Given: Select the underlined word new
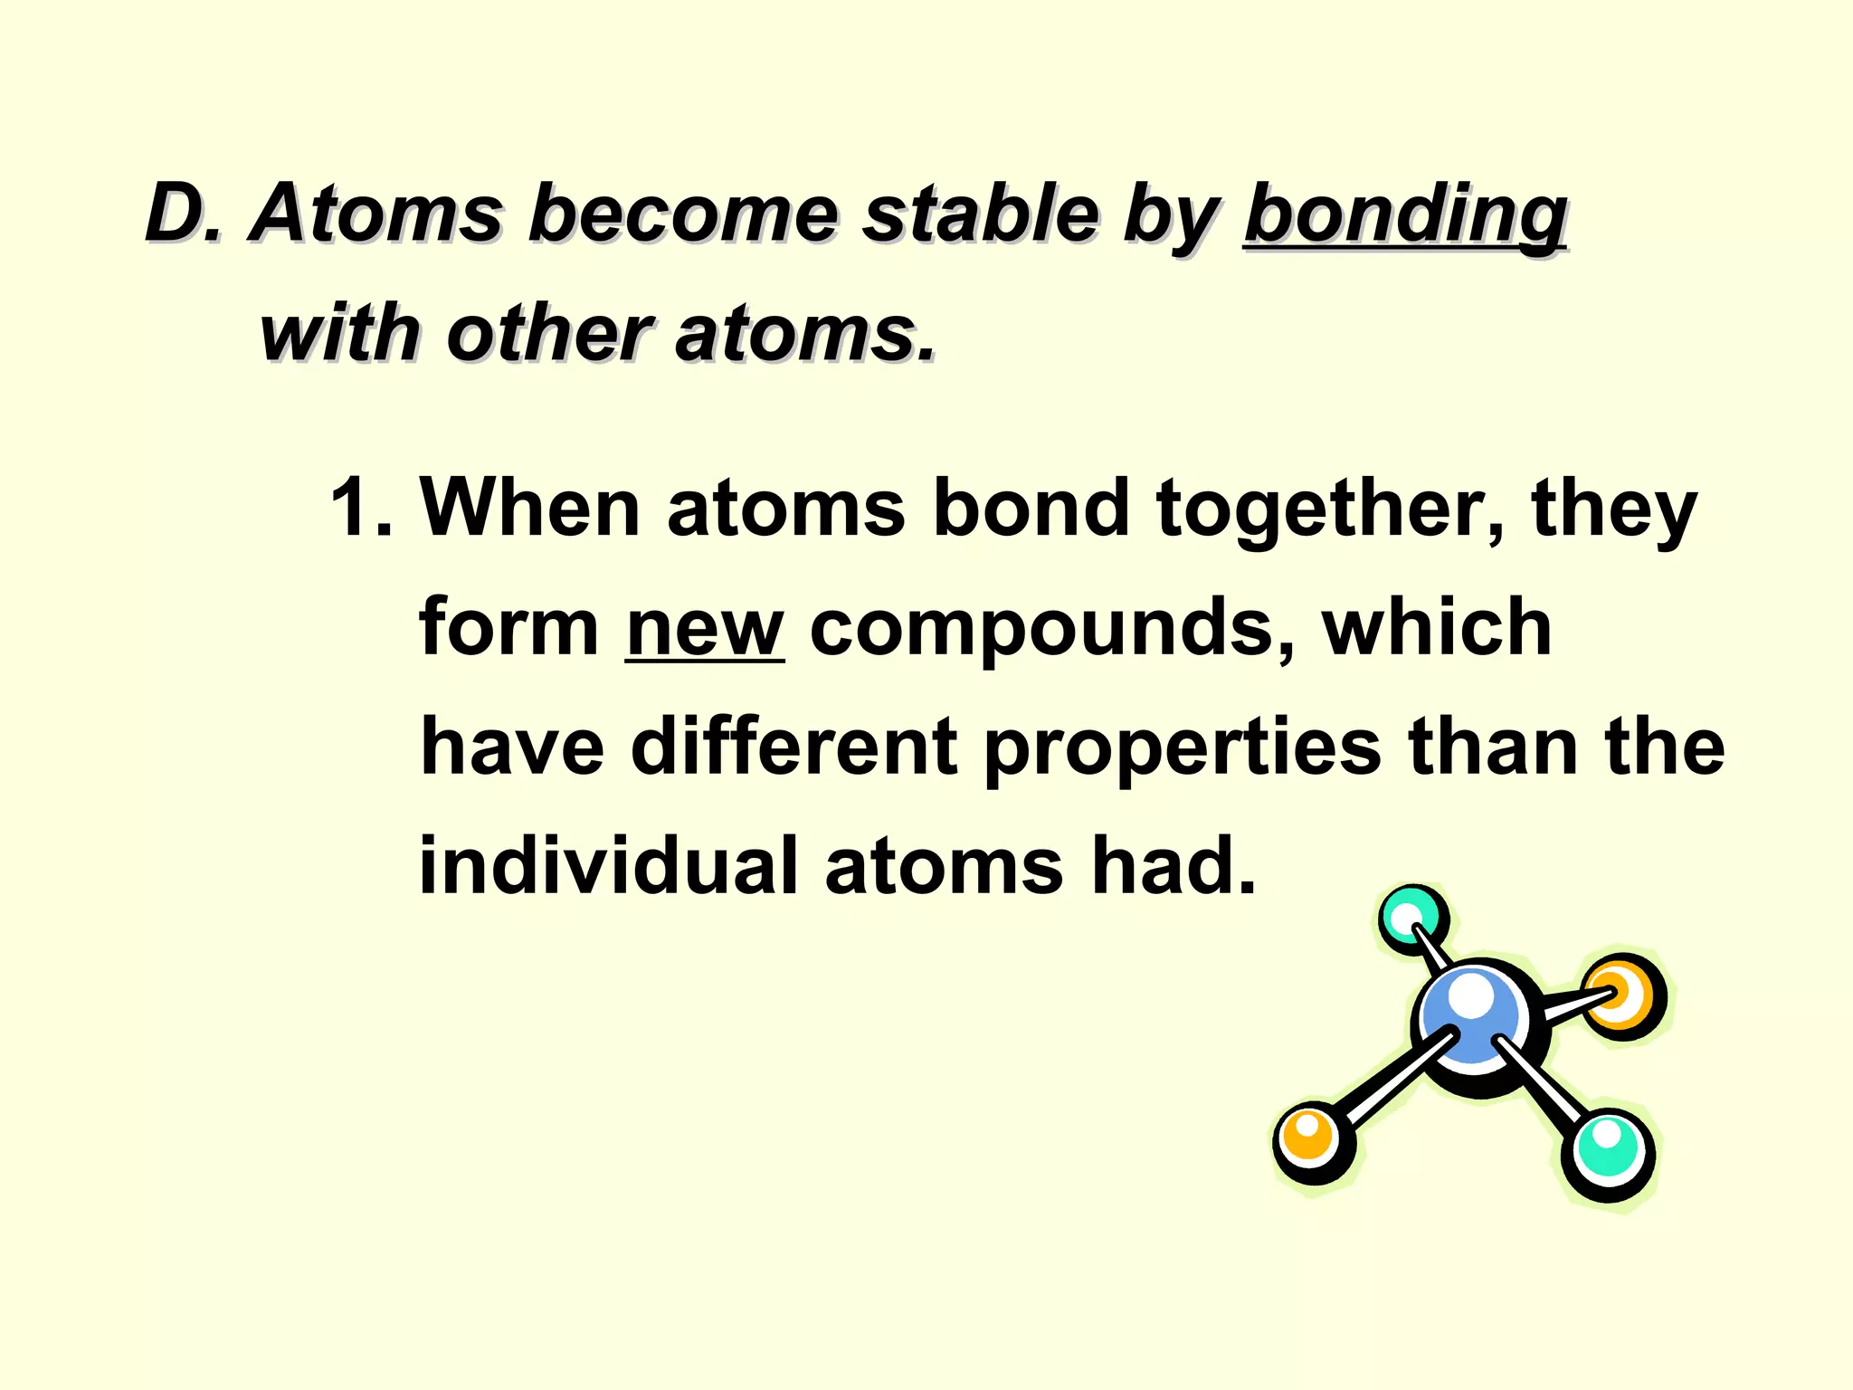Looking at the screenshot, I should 704,629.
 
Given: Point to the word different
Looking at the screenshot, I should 794,747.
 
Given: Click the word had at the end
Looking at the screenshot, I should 1174,866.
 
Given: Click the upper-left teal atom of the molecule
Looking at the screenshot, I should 1411,919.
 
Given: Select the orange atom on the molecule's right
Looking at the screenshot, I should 1624,995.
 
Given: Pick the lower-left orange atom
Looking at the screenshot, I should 1312,1141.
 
